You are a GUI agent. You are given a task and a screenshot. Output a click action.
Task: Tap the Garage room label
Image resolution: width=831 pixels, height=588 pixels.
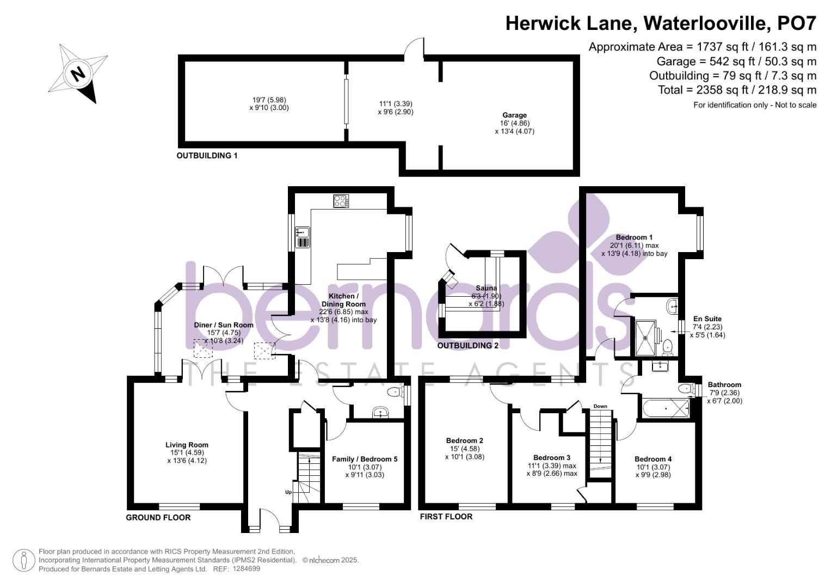(x=514, y=115)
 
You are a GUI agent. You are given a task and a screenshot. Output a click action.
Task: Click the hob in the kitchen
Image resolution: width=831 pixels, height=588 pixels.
(x=341, y=201)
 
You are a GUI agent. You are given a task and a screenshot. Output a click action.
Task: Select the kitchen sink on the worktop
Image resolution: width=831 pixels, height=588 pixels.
(x=303, y=237)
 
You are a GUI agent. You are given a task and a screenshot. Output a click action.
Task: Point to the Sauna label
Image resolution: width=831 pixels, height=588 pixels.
(x=486, y=288)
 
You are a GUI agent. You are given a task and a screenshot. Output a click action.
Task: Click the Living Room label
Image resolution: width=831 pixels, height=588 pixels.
(x=187, y=445)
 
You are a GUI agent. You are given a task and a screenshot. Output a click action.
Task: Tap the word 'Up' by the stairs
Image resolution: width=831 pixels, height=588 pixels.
(x=288, y=492)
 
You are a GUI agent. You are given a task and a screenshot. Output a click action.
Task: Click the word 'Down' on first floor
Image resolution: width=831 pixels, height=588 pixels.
(x=600, y=406)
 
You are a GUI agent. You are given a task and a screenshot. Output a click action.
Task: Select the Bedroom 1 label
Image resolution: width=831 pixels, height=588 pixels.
(x=634, y=237)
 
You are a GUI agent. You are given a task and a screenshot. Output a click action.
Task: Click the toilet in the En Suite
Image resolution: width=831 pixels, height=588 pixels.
(x=667, y=346)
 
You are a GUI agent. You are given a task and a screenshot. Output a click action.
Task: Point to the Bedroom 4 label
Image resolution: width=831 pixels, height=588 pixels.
(x=653, y=459)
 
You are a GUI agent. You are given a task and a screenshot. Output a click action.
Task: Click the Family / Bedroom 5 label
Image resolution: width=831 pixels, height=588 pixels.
(x=365, y=459)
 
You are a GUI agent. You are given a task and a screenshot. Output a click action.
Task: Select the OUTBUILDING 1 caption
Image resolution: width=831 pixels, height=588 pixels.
(x=207, y=156)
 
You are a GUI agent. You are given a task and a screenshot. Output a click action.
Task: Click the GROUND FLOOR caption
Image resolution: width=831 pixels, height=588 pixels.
(x=158, y=517)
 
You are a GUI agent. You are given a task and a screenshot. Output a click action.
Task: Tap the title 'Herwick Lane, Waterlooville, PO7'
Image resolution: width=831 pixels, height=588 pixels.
(x=661, y=23)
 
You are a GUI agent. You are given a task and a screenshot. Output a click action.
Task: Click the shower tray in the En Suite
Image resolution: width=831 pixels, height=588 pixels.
(x=647, y=338)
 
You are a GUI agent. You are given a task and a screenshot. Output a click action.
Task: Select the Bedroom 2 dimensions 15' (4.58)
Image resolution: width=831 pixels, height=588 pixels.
(x=464, y=449)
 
